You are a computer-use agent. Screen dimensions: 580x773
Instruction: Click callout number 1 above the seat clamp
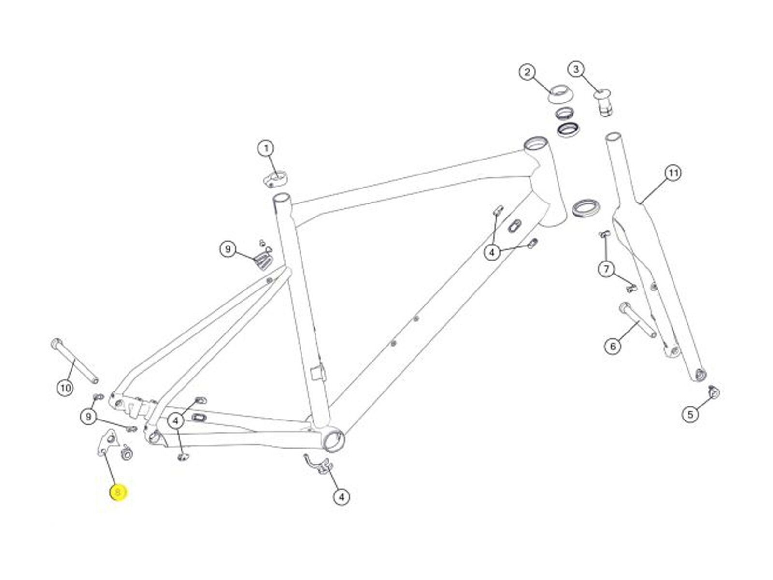(x=266, y=148)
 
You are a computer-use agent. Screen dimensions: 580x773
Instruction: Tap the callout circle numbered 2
(x=527, y=72)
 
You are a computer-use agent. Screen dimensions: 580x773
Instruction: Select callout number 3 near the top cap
(x=575, y=69)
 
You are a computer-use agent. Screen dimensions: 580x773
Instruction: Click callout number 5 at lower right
(x=690, y=414)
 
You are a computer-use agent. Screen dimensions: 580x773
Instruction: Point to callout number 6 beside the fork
(x=613, y=346)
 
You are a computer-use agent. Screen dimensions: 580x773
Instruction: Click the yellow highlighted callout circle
(x=118, y=493)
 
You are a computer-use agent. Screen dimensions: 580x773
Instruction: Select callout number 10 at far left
(x=65, y=388)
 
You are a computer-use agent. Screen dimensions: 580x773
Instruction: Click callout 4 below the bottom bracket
(x=341, y=496)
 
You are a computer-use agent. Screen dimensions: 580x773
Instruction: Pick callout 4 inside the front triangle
(x=492, y=252)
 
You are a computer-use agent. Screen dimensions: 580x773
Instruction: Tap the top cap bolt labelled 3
(x=604, y=101)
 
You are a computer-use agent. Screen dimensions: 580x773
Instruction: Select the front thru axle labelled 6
(x=638, y=320)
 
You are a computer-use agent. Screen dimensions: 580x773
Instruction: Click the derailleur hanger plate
(x=107, y=442)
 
